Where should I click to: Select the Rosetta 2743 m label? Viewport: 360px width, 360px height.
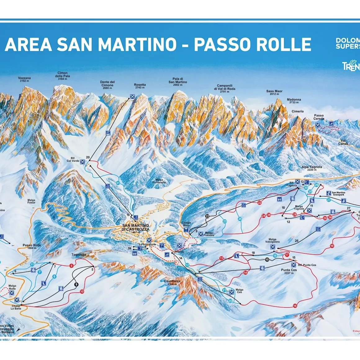(x=140, y=86)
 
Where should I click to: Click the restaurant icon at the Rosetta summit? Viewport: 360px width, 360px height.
(x=132, y=97)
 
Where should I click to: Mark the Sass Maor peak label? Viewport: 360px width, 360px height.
(x=274, y=92)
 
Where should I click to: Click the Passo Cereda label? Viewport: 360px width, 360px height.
(x=319, y=117)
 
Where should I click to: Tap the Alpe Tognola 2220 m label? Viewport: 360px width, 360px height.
(x=312, y=168)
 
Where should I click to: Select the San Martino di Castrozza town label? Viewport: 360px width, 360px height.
(x=136, y=227)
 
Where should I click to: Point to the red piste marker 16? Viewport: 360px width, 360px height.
(x=295, y=306)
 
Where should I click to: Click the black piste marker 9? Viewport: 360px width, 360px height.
(x=76, y=284)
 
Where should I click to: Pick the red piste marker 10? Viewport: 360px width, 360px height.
(x=82, y=291)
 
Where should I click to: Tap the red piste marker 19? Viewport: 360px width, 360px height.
(x=332, y=246)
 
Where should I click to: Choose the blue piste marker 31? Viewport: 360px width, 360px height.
(x=118, y=183)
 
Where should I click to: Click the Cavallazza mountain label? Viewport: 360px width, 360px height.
(x=172, y=282)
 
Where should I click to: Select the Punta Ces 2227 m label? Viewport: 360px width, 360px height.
(x=289, y=271)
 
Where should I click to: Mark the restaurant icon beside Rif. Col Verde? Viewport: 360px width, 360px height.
(x=82, y=162)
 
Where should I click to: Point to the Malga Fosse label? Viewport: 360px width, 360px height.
(x=31, y=201)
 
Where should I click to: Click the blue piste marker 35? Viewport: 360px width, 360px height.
(x=240, y=219)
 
